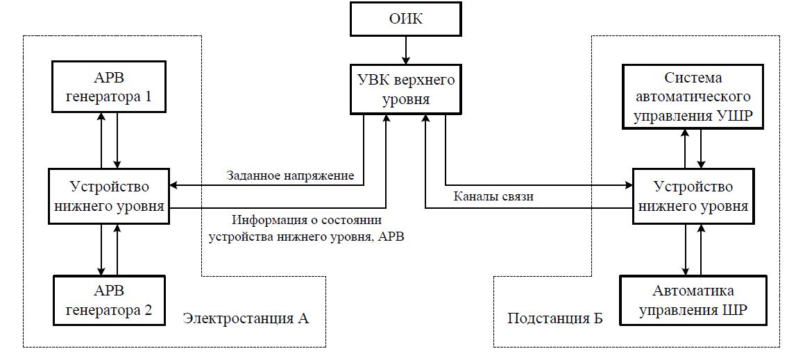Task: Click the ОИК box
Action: click(405, 19)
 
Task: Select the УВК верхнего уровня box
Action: click(405, 89)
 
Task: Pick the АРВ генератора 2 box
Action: click(109, 300)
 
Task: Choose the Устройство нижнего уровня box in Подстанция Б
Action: click(692, 196)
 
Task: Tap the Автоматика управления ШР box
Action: click(693, 300)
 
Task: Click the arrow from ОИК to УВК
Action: click(405, 51)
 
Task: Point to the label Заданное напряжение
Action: click(290, 176)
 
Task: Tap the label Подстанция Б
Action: click(555, 318)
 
